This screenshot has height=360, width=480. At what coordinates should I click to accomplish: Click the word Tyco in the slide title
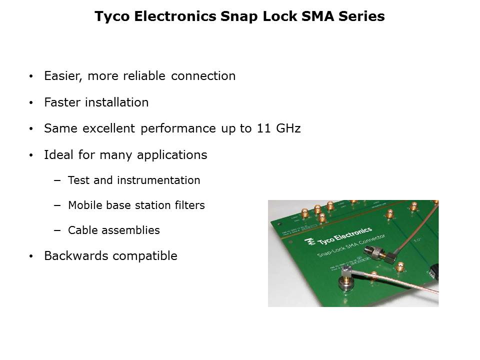pos(111,17)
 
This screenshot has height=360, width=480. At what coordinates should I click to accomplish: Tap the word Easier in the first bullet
pos(61,76)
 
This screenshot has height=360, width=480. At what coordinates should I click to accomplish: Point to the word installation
pos(117,102)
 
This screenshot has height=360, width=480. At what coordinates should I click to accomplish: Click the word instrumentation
pos(158,180)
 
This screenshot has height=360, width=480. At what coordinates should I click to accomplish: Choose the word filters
pos(189,205)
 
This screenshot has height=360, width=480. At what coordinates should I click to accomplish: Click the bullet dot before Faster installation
pos(31,103)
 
